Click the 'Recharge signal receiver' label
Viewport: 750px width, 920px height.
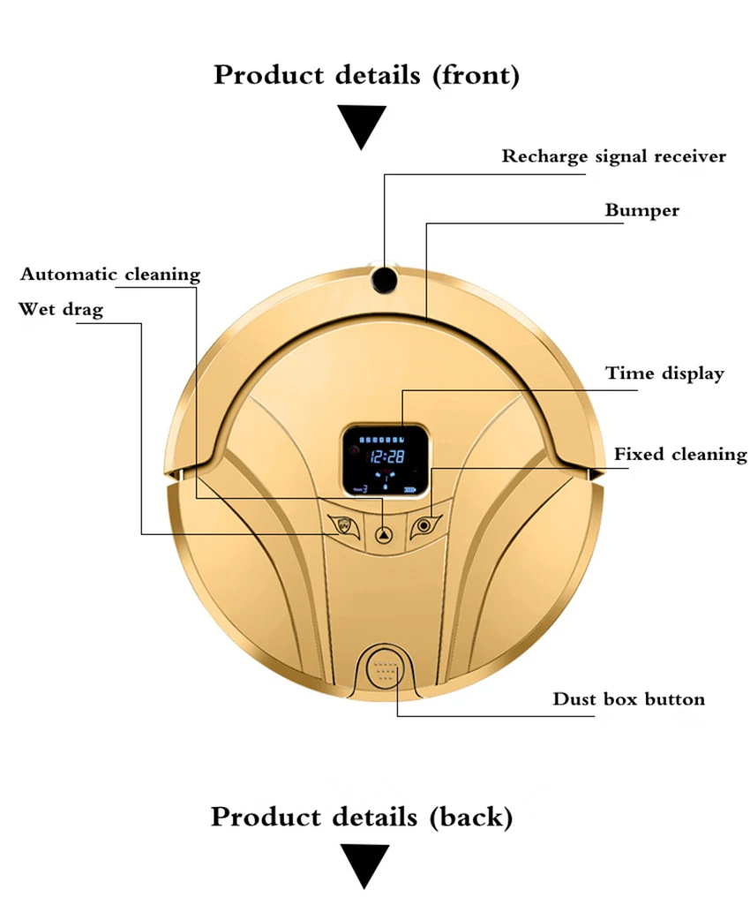point(613,156)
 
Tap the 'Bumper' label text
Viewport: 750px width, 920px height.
point(642,211)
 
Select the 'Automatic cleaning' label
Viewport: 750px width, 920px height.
point(110,274)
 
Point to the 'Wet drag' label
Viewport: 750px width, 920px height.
point(61,309)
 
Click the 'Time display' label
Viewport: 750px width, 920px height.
point(665,373)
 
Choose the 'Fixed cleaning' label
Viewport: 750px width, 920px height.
point(681,454)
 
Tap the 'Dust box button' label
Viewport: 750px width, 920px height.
point(628,698)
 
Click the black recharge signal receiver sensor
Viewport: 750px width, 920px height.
point(384,279)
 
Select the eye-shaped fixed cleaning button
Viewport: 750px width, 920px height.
point(424,525)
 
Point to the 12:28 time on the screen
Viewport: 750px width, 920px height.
point(386,456)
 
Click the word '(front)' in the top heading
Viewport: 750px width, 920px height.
point(476,76)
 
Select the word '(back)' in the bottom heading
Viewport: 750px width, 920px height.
point(471,818)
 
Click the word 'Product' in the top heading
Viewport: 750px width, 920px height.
point(268,74)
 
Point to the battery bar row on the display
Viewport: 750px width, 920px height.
point(382,439)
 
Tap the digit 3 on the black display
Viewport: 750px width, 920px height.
point(364,489)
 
